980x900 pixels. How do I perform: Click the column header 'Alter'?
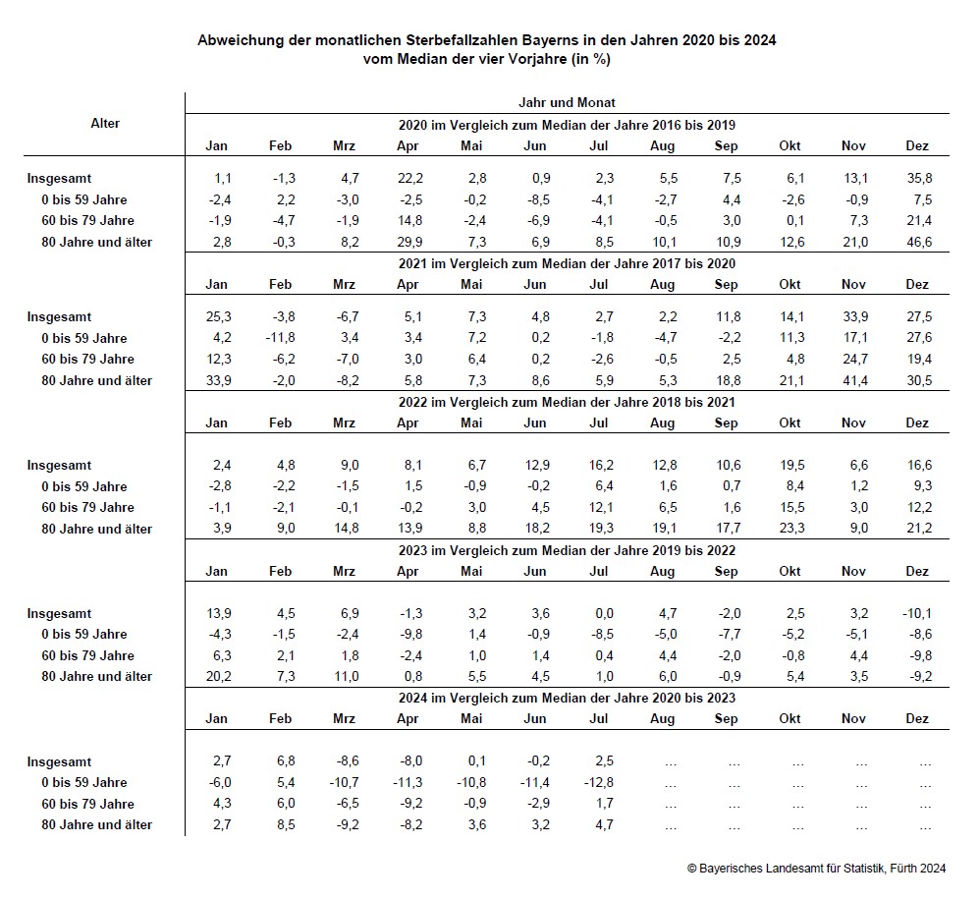coord(105,123)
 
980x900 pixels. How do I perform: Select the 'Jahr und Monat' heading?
coord(567,102)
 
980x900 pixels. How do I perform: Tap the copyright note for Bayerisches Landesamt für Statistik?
coord(816,868)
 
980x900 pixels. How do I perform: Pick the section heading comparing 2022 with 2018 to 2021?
coord(567,402)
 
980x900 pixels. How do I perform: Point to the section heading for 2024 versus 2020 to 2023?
coord(567,698)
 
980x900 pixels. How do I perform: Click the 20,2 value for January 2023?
coord(217,676)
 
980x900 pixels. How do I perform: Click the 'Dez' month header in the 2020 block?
coord(916,145)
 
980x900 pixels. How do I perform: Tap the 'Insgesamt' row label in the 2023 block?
coord(59,613)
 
